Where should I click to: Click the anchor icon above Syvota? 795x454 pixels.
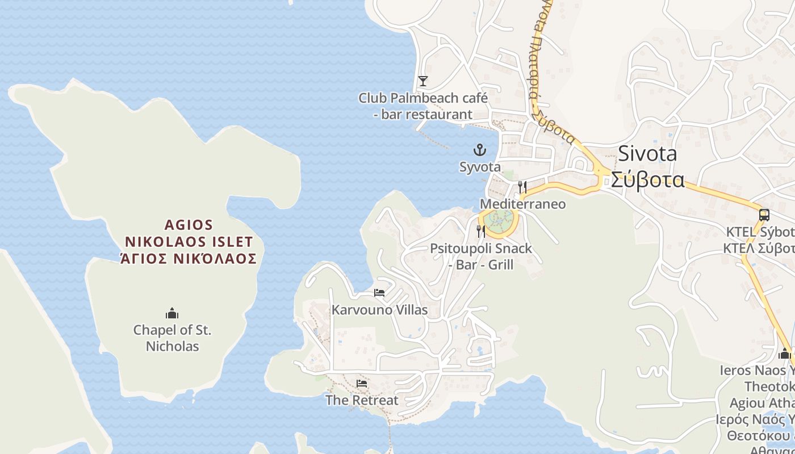point(480,150)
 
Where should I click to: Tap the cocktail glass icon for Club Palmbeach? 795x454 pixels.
point(422,81)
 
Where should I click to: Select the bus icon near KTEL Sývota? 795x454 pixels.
point(764,215)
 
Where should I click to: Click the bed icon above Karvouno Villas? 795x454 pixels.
point(379,293)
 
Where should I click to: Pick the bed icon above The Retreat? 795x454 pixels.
point(362,383)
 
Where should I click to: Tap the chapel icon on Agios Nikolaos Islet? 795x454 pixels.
point(172,313)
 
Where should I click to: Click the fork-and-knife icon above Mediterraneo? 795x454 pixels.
point(522,187)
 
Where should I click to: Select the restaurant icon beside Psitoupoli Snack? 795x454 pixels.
point(481,231)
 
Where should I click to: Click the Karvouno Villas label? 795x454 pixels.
point(379,310)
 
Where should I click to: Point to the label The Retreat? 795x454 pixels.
point(362,400)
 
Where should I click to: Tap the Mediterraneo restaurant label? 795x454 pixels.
point(523,204)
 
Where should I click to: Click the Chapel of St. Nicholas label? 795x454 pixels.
point(172,338)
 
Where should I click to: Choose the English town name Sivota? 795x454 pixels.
point(647,154)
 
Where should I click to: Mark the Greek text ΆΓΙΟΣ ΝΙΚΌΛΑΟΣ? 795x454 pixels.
point(189,259)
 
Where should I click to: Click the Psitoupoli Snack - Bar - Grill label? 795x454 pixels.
point(481,257)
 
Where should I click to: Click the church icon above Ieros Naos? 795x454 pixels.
point(785,354)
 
